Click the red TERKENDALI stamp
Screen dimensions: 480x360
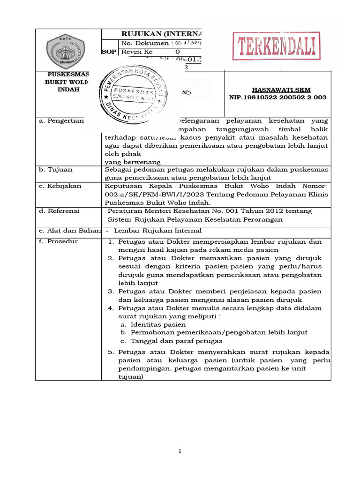click(x=276, y=46)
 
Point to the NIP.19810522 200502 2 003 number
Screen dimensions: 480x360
click(x=277, y=97)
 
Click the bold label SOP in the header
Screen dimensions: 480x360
click(x=109, y=52)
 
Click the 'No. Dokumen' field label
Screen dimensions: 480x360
click(x=145, y=43)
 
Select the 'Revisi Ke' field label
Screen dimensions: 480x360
click(x=137, y=52)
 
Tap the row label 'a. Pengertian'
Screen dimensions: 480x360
click(x=60, y=120)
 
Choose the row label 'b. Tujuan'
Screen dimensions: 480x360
click(x=56, y=170)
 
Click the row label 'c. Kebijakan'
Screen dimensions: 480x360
click(x=60, y=186)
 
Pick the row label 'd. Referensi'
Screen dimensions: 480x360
click(x=60, y=211)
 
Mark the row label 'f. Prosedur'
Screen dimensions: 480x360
click(x=59, y=241)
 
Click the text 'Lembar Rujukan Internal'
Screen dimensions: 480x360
click(x=157, y=230)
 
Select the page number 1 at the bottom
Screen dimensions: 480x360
click(x=179, y=451)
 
